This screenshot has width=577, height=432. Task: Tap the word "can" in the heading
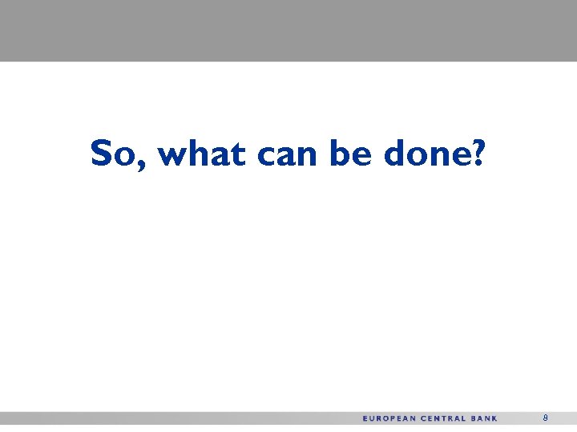(x=288, y=154)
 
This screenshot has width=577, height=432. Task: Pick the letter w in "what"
(x=172, y=155)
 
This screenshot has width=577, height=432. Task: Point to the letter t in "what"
(x=240, y=153)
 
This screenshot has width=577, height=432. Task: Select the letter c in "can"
(x=266, y=155)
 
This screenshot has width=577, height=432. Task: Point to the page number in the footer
(x=545, y=418)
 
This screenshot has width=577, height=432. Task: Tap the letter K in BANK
(x=494, y=418)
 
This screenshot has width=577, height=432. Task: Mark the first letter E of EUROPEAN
(x=365, y=418)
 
